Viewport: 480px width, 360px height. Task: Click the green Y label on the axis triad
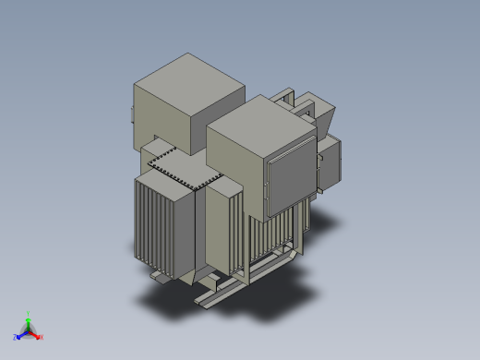pos(29,314)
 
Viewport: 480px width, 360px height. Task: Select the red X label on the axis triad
pos(42,337)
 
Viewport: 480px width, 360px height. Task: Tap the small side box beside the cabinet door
pos(330,163)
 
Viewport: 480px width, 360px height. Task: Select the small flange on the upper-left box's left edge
pos(133,114)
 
